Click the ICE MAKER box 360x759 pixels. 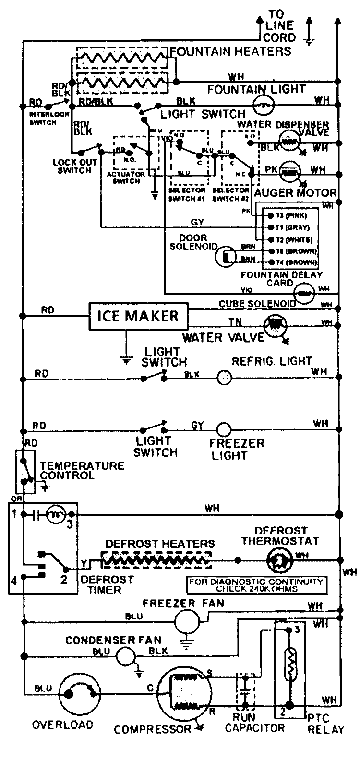138,316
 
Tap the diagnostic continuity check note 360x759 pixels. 256,585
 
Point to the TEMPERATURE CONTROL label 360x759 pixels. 82,470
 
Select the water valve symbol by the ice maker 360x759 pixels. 275,324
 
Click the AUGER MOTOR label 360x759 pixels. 295,193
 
